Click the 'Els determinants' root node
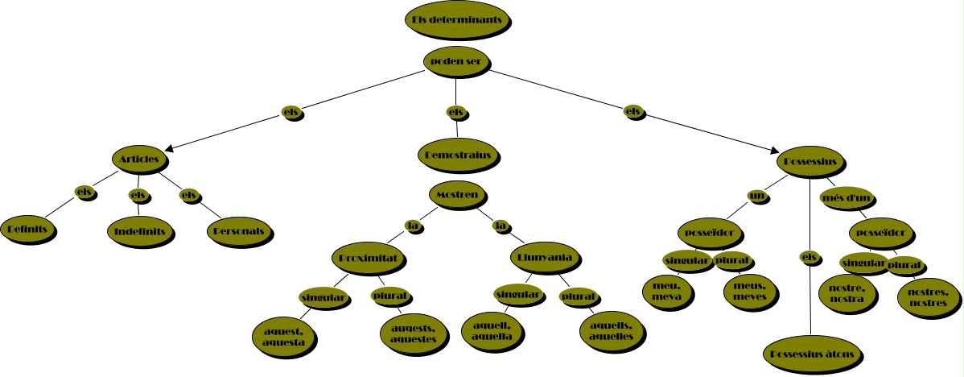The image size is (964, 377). point(457,19)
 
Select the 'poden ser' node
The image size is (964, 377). point(456,61)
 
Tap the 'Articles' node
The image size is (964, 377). point(139,159)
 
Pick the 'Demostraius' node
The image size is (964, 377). point(458,155)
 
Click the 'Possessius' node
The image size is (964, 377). point(811,163)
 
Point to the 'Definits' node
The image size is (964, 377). point(27,230)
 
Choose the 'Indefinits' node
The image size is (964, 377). point(140,232)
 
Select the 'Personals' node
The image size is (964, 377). point(239,232)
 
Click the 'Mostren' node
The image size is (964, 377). point(457,195)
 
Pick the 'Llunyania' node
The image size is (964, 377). point(545,258)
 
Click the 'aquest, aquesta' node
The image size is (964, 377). point(283,337)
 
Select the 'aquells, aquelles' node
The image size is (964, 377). point(611,332)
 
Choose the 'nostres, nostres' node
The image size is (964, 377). point(928,298)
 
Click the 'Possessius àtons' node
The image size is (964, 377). point(812,354)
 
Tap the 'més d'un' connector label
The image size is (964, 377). point(847,198)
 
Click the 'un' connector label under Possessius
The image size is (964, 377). point(757,197)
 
